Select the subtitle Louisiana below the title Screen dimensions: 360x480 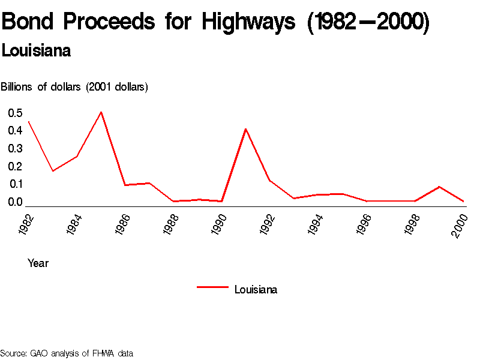(x=36, y=51)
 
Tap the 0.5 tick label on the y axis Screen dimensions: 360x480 (x=15, y=113)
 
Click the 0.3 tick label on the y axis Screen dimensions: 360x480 (x=15, y=149)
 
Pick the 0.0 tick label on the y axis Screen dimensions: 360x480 (x=15, y=202)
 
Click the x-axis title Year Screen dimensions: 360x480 (x=38, y=263)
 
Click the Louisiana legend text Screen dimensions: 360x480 (x=256, y=290)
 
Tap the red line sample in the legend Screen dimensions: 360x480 (x=212, y=287)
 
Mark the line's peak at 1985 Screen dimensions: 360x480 (x=101, y=112)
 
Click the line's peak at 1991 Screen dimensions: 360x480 (x=246, y=129)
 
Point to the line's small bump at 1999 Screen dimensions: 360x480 (x=439, y=187)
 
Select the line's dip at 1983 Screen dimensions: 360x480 (x=53, y=171)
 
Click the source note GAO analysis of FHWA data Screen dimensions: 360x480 (x=67, y=353)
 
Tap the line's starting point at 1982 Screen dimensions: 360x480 (x=29, y=122)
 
